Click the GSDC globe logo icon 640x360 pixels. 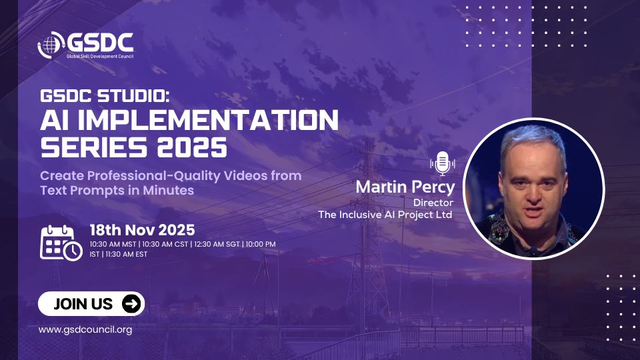coord(51,45)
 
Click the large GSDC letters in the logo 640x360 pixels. coord(101,43)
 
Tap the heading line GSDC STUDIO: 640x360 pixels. coord(105,96)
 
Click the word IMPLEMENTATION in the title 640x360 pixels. coord(208,120)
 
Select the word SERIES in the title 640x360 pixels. coord(94,147)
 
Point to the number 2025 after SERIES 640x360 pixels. coord(192,147)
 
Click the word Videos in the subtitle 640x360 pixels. coord(245,175)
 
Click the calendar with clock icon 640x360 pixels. coord(61,243)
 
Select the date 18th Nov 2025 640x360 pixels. coord(142,230)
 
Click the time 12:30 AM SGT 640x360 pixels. coord(217,244)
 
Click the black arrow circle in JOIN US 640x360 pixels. coord(131,304)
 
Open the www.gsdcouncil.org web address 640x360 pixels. coord(85,330)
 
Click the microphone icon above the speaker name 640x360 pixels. coord(443,164)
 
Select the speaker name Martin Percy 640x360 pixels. coord(405,187)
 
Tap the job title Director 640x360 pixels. coord(433,203)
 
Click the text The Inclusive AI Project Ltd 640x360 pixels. coord(385,215)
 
